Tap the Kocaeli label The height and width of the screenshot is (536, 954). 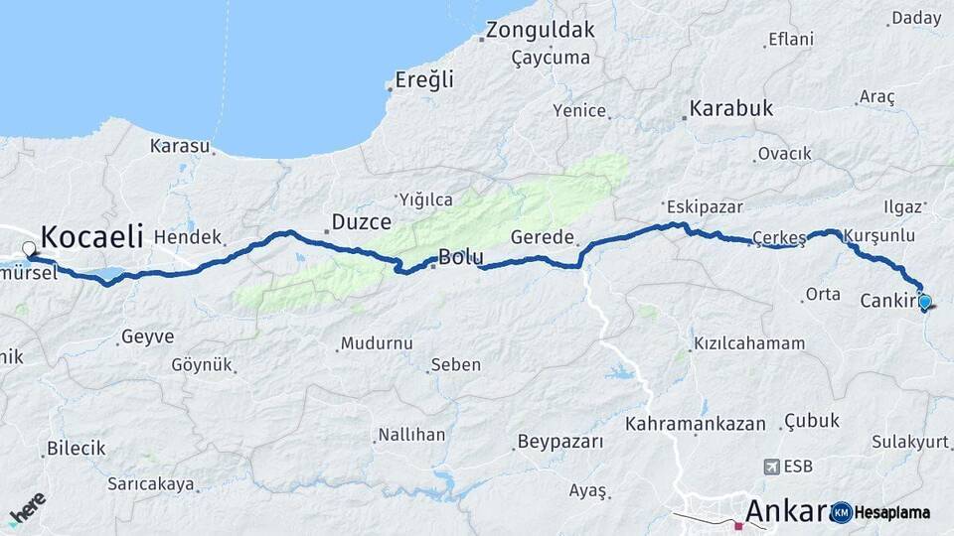pos(92,236)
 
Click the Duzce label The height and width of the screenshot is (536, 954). pos(361,222)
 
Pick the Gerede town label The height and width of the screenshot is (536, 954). pos(542,237)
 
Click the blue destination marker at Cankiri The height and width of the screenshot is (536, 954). pos(925,302)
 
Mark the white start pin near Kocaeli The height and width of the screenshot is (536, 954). pos(29,249)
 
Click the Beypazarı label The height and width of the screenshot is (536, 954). pos(560,442)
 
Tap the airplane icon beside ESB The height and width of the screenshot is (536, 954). pos(772,466)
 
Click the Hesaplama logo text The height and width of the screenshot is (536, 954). pos(893,512)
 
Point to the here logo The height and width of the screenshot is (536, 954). pos(27,508)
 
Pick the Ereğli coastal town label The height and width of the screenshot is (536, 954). pos(423,79)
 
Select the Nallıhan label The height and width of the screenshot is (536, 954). pos(410,435)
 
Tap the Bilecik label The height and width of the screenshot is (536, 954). pos(76,449)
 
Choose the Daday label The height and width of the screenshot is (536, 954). pos(916,18)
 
